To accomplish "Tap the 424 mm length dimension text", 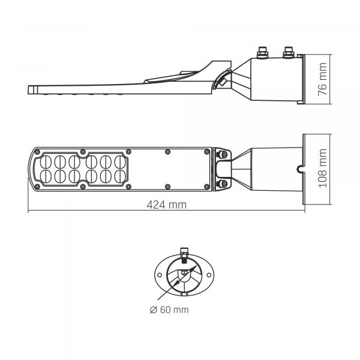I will click(166, 205).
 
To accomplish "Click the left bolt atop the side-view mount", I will click(262, 52).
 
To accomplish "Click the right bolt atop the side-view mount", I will click(289, 52).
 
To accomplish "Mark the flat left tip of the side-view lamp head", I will click(29, 89).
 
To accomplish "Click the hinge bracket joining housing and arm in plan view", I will click(223, 169).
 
